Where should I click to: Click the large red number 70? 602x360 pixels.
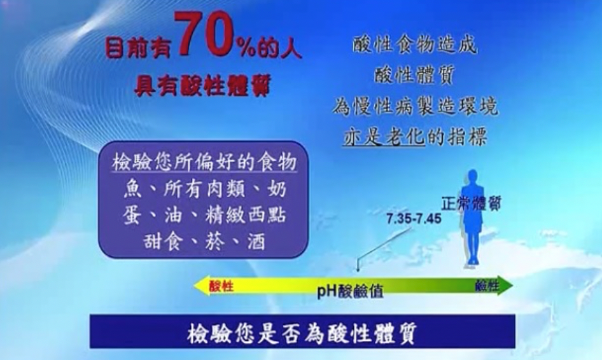(x=205, y=34)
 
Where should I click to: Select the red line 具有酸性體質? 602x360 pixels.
(x=202, y=85)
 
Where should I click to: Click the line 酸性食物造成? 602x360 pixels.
(x=415, y=44)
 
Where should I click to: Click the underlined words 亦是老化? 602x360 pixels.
(x=384, y=136)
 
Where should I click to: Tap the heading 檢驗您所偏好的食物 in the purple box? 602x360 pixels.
(x=205, y=162)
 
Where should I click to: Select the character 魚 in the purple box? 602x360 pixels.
(x=132, y=189)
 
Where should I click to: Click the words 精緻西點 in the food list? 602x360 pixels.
(x=246, y=215)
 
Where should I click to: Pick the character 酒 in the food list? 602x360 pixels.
(x=256, y=242)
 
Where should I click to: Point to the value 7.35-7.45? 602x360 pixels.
(x=414, y=219)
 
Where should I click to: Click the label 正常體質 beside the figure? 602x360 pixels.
(x=472, y=204)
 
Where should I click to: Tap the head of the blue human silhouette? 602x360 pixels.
(x=472, y=177)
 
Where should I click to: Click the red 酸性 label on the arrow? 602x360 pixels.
(x=221, y=286)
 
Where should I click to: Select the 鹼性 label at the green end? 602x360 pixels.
(x=487, y=285)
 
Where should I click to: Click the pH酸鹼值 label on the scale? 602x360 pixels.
(x=350, y=291)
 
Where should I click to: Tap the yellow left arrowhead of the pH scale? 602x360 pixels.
(x=201, y=286)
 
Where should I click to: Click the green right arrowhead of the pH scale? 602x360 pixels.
(x=505, y=285)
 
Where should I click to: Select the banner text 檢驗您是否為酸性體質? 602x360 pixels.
(x=302, y=333)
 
